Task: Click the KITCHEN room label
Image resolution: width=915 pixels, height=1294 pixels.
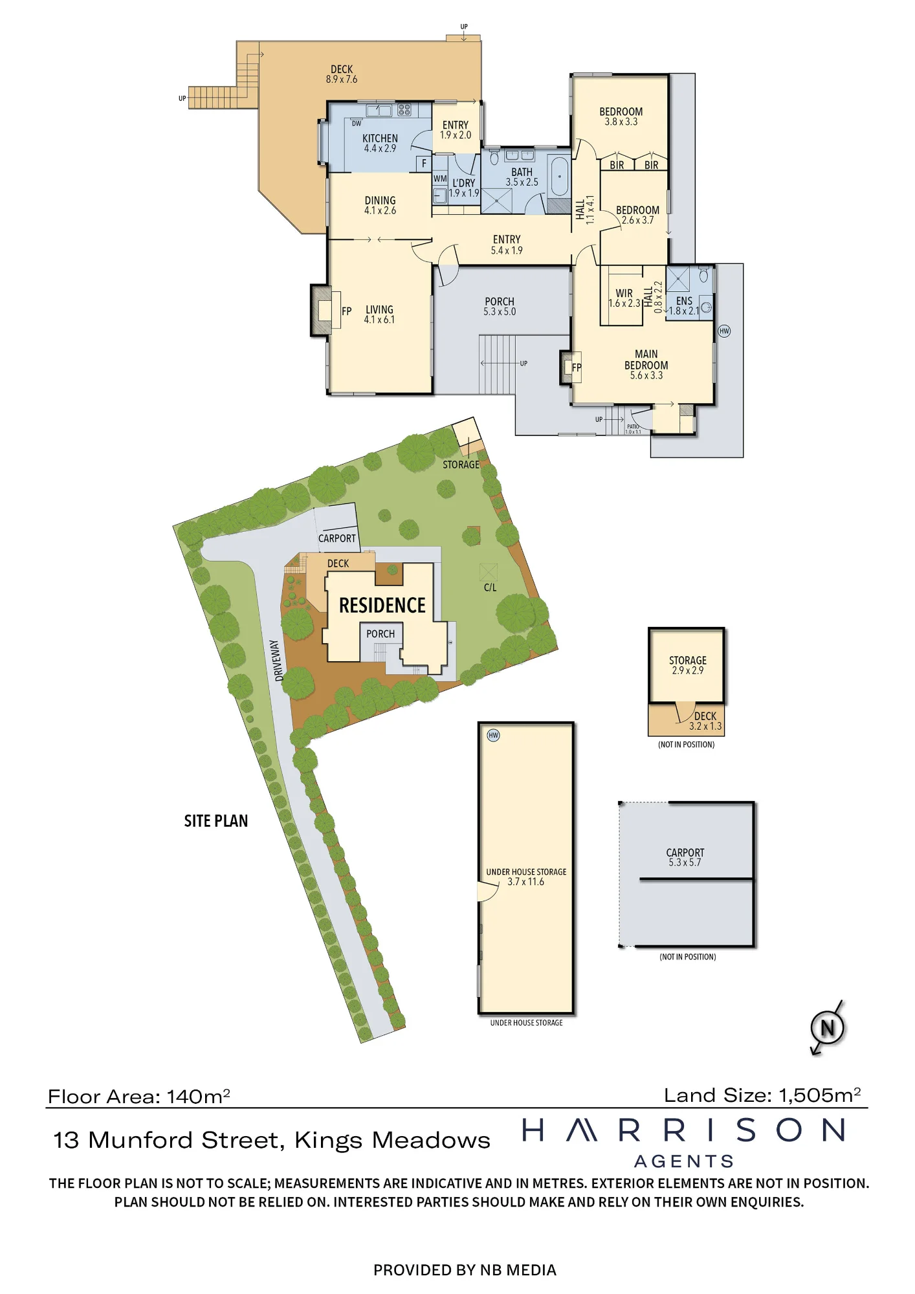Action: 380,138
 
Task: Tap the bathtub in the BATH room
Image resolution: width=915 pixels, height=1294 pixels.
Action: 559,176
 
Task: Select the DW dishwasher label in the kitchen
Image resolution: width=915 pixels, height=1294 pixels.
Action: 357,124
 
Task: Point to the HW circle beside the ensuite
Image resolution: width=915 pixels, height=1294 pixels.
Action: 724,331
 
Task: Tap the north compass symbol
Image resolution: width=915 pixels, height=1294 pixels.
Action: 828,1027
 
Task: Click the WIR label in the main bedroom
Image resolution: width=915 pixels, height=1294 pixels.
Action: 624,293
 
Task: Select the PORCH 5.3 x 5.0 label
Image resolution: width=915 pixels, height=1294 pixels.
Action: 500,307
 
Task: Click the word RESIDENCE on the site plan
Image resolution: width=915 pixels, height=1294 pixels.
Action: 382,606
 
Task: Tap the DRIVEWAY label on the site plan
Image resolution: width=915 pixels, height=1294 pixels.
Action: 278,661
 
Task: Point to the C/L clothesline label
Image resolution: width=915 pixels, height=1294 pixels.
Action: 491,587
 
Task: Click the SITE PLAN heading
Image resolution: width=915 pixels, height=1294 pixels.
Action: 216,821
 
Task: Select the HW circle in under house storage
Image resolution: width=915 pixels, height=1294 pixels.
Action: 494,735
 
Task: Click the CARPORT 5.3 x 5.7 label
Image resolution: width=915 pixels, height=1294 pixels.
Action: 685,857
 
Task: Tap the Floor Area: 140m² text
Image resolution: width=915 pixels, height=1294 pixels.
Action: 139,1097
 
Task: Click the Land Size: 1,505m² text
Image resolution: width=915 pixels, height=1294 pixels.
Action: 762,1095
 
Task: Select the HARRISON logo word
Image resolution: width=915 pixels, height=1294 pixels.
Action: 684,1130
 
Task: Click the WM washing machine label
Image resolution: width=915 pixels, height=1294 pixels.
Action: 440,179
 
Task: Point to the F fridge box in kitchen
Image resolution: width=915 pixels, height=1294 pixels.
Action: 424,164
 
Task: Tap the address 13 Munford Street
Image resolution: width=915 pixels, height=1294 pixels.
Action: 170,1140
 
